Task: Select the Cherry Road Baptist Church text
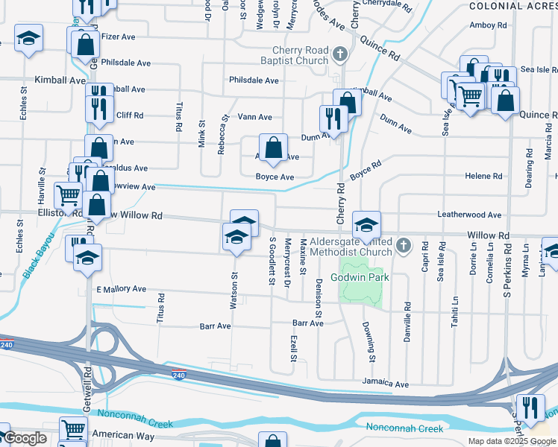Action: (x=295, y=56)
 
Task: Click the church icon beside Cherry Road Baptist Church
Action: (x=340, y=54)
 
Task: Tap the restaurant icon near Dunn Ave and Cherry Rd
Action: (x=332, y=118)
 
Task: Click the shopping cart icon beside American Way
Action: (x=74, y=430)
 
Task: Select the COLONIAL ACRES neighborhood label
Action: (x=513, y=6)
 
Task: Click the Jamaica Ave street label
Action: (x=386, y=384)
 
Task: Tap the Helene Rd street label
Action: (x=483, y=176)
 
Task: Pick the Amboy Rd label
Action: (x=488, y=25)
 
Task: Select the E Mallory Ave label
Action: (x=122, y=288)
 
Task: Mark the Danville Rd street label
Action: (x=408, y=317)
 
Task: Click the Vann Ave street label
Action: (x=254, y=117)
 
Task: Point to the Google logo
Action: (x=25, y=438)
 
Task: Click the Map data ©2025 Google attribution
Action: (x=511, y=441)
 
